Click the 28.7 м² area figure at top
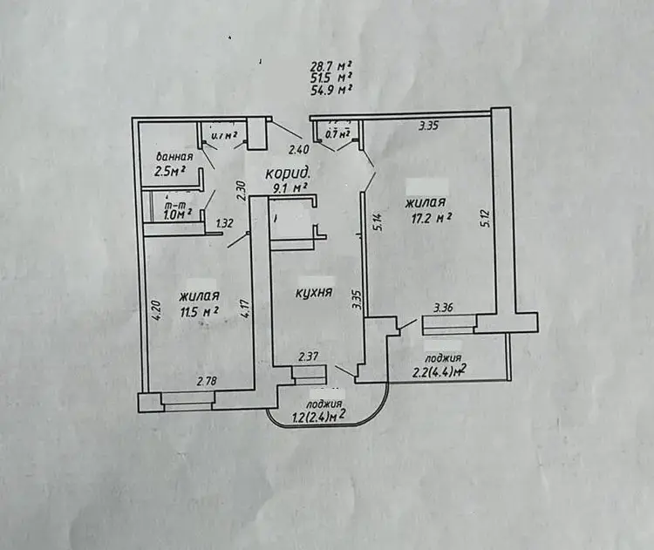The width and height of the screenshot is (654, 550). pyautogui.click(x=331, y=66)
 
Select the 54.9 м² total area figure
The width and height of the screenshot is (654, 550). pyautogui.click(x=331, y=89)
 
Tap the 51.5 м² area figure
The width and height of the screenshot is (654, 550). pyautogui.click(x=331, y=78)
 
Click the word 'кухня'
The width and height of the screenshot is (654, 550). pyautogui.click(x=313, y=295)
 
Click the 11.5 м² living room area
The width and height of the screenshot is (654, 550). pyautogui.click(x=197, y=310)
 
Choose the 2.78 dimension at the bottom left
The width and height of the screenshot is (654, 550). pyautogui.click(x=207, y=381)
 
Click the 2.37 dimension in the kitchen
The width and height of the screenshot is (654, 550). pyautogui.click(x=308, y=356)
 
